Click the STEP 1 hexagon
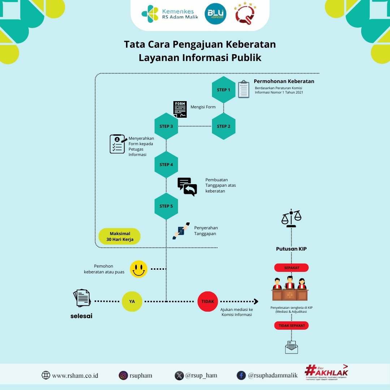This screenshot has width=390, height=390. [224, 90]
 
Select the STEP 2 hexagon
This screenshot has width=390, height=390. [224, 126]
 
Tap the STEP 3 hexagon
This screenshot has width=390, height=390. [166, 126]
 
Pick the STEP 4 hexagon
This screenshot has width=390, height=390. [166, 164]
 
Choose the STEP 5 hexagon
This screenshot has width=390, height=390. [166, 206]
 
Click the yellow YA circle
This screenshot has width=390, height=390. [132, 301]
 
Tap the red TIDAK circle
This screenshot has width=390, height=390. [208, 301]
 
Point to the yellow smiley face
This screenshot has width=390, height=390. [139, 269]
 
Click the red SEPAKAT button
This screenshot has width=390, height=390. [291, 268]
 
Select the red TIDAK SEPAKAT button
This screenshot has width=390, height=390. [291, 325]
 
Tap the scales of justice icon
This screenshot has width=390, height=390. [291, 218]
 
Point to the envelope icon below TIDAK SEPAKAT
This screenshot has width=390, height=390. [291, 347]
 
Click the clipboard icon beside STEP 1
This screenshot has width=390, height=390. [244, 89]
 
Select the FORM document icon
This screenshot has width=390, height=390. [180, 109]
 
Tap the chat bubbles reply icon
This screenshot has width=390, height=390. [187, 187]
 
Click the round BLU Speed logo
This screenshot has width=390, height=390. [216, 14]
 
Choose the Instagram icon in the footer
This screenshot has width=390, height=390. [123, 375]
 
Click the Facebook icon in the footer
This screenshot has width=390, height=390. [241, 375]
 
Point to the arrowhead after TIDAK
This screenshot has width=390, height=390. [256, 301]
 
